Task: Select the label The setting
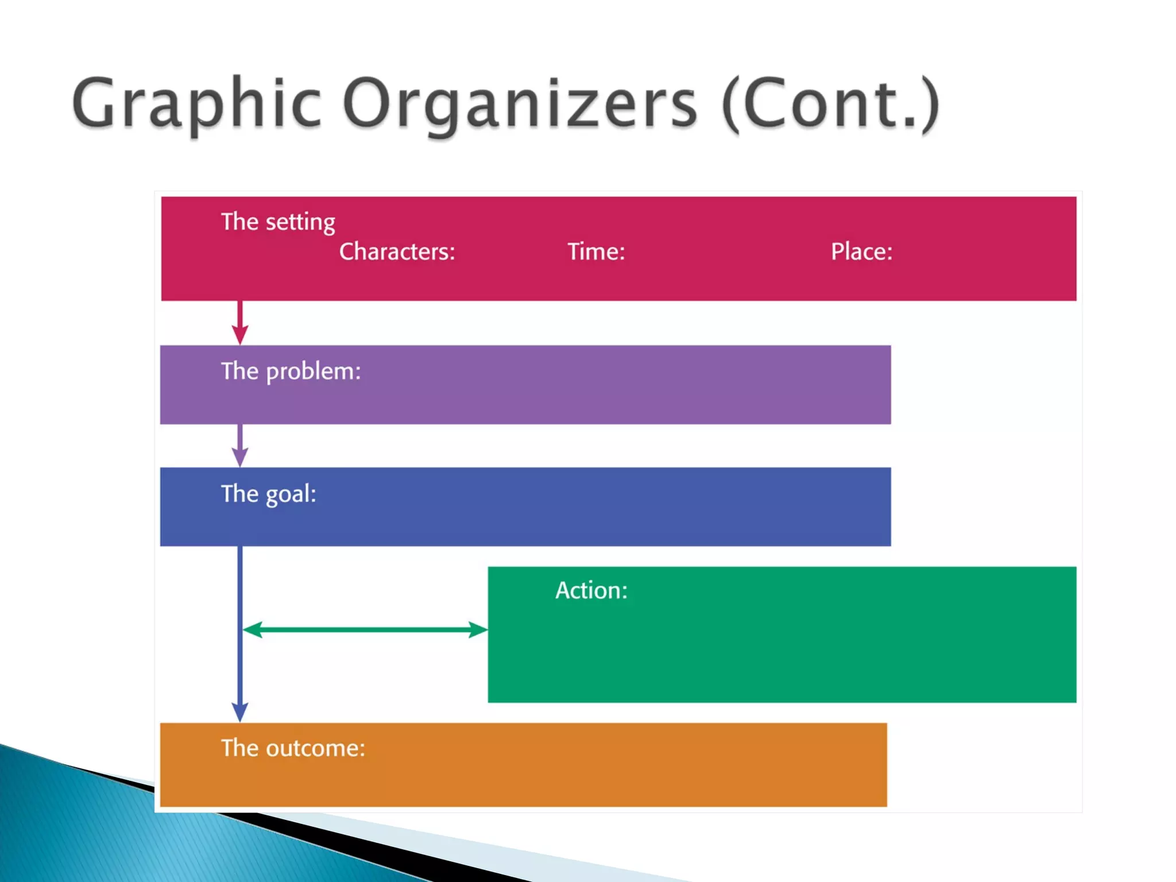278,222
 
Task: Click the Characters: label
397,252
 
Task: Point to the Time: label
596,252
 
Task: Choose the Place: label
861,252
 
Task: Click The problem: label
291,372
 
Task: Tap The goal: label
268,494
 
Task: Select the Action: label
591,590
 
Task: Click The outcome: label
293,748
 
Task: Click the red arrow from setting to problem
240,322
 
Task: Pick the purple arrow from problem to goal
240,445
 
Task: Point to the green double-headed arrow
365,629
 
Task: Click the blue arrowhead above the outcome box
240,711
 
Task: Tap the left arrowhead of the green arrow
252,629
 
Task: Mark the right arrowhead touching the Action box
478,629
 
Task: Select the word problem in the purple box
314,372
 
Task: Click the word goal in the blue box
291,494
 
